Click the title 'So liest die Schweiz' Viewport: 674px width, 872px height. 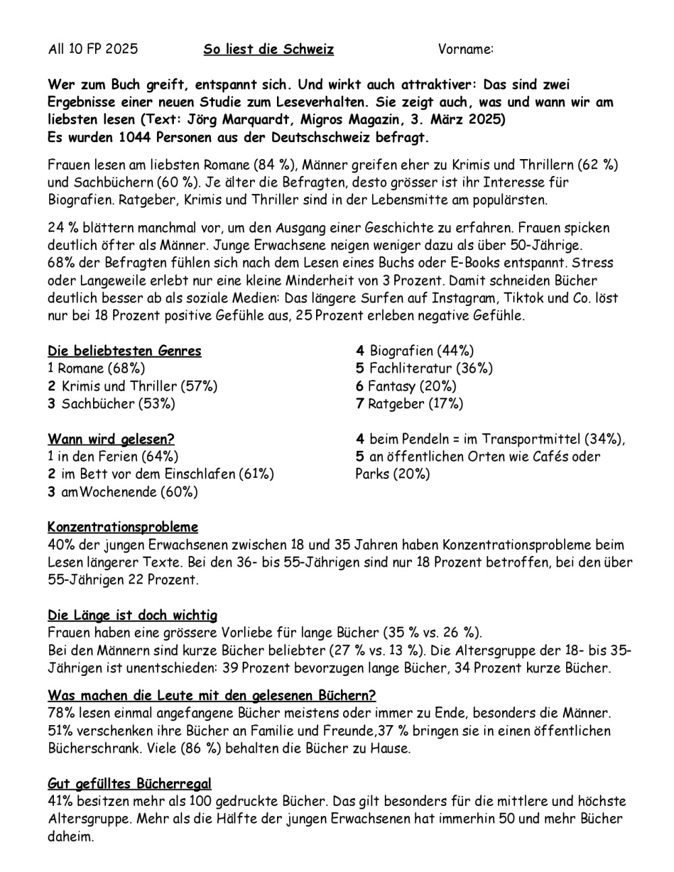tap(268, 49)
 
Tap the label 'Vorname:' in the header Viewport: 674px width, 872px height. tap(466, 49)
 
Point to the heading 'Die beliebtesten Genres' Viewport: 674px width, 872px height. tap(124, 351)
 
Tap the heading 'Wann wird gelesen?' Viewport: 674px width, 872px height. tap(111, 439)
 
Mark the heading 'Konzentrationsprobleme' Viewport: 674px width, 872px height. tap(123, 527)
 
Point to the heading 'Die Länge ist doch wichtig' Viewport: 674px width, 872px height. tap(132, 615)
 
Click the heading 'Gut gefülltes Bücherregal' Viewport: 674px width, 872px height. tap(129, 784)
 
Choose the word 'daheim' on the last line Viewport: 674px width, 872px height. tap(69, 836)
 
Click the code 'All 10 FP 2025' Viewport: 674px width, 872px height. tap(93, 49)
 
